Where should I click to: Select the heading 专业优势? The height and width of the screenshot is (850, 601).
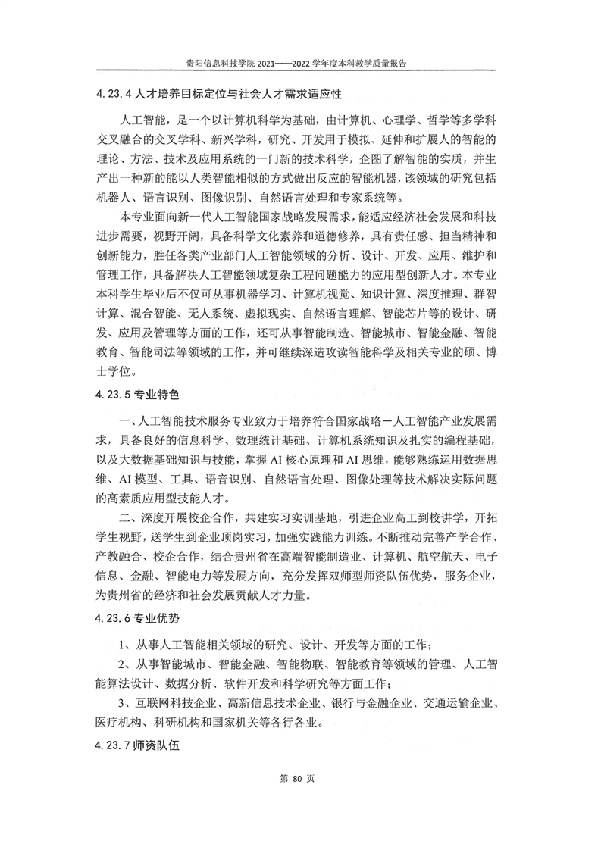click(x=158, y=619)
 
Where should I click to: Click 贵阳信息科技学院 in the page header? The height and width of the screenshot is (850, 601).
click(x=224, y=65)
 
